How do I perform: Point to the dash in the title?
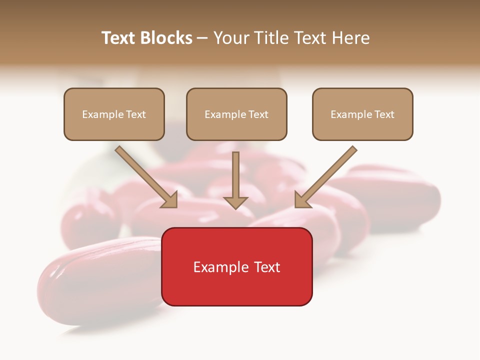[x=202, y=38]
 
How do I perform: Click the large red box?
[x=236, y=290]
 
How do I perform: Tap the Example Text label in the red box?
[x=236, y=267]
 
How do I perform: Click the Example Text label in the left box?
[x=114, y=114]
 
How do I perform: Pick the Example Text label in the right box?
[x=362, y=114]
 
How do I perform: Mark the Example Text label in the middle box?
[x=236, y=114]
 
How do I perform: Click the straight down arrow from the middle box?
[x=235, y=175]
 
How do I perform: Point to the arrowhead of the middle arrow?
[x=235, y=203]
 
